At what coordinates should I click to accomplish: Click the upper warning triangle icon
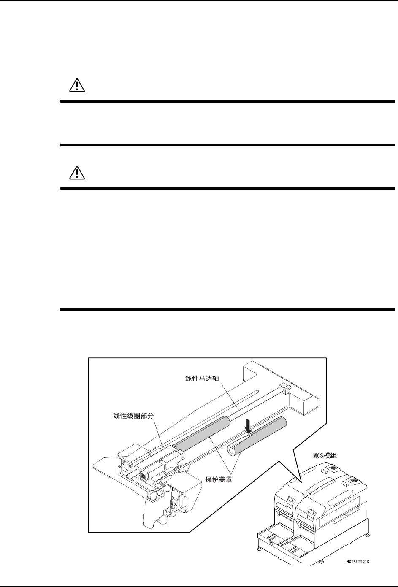click(76, 86)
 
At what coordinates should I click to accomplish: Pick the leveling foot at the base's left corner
click(258, 549)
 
